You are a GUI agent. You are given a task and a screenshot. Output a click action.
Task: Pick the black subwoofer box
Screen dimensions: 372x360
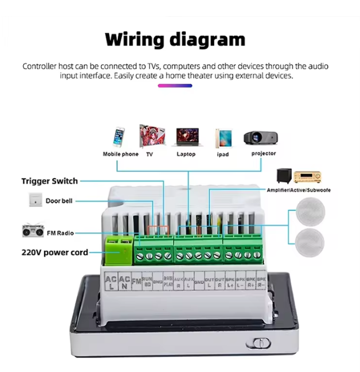point(285,176)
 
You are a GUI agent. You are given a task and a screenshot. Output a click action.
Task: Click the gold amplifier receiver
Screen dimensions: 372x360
point(307,177)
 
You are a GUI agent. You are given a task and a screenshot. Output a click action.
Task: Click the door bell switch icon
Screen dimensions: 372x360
point(35,201)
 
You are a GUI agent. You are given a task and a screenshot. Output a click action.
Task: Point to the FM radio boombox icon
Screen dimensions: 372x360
point(33,231)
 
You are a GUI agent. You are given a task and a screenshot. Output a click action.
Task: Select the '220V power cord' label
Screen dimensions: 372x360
point(55,252)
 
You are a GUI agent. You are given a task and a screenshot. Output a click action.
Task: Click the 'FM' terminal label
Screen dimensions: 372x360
point(136,281)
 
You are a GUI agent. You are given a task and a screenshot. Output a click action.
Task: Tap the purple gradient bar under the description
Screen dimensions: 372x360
point(175,86)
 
